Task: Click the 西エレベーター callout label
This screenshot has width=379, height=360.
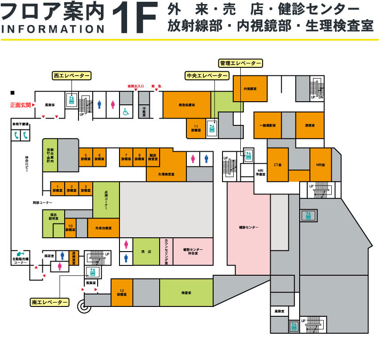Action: pos(71,76)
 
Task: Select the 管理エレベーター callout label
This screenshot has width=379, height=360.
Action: pos(240,63)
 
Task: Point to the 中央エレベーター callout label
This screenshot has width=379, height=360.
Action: pos(207,76)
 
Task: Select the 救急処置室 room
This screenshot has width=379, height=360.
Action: pos(186,105)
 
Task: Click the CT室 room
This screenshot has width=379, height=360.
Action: pos(277,165)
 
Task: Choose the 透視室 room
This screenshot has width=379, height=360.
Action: pos(309,125)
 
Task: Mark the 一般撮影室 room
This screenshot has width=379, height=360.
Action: pos(268,125)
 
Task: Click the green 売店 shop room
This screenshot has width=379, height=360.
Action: pos(146,252)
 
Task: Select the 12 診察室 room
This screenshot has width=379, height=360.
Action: pos(122,293)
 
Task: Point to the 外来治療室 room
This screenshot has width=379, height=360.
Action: pos(103,228)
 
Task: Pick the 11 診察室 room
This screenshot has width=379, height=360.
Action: pos(196,128)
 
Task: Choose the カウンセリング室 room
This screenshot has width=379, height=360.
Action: pos(166,252)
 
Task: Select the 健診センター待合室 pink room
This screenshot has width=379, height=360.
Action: pos(193,252)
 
